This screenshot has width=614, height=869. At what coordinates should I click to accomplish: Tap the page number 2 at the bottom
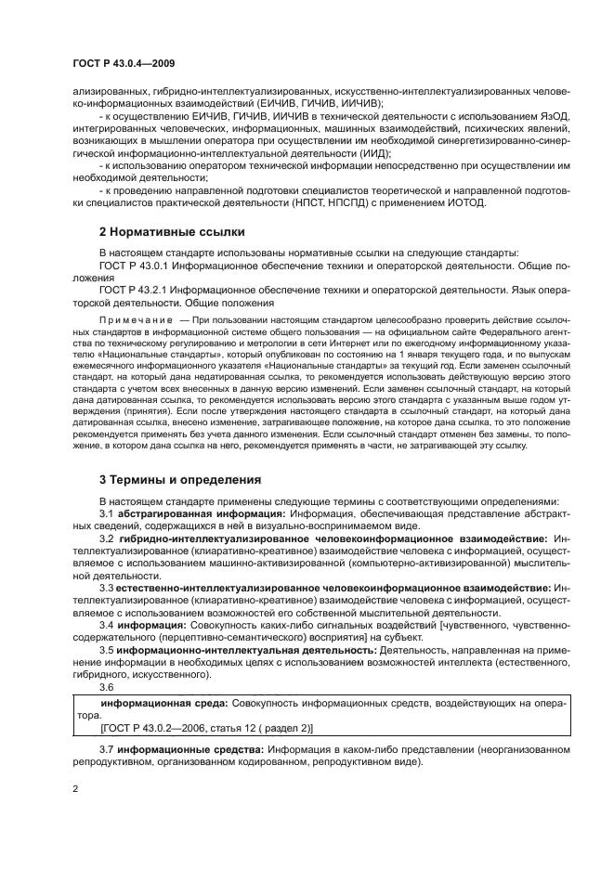click(76, 788)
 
